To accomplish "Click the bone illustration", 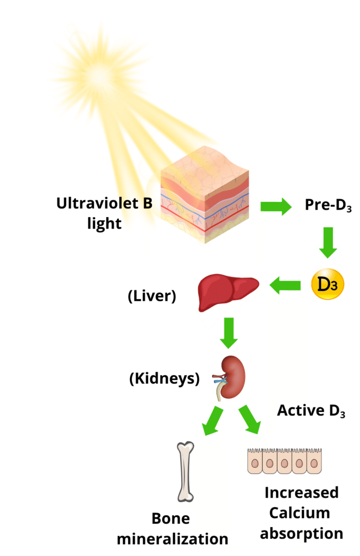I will coord(186,471).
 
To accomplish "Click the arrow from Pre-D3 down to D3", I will coord(328,242).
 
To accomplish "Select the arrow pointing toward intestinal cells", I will coord(250,420).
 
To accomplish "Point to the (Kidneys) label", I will coord(164,378).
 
